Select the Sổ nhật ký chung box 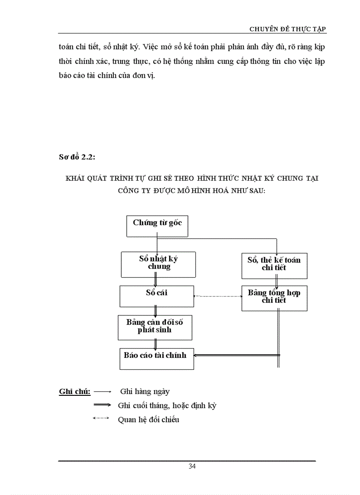coord(158,264)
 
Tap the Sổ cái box coord(157,296)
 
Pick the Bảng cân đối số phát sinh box coord(155,327)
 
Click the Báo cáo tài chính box coord(157,358)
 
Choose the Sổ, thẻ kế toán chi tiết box coord(274,265)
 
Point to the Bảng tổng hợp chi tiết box coord(274,298)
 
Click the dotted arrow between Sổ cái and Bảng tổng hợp coord(217,296)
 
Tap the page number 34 coord(192,467)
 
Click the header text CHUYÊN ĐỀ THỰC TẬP coord(288,29)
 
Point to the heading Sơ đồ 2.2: coord(76,157)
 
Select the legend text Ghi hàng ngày coord(145,391)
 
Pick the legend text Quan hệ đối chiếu coord(149,420)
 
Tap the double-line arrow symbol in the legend coord(102,405)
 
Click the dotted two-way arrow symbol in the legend coord(101,418)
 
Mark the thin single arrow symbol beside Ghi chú coord(102,391)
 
